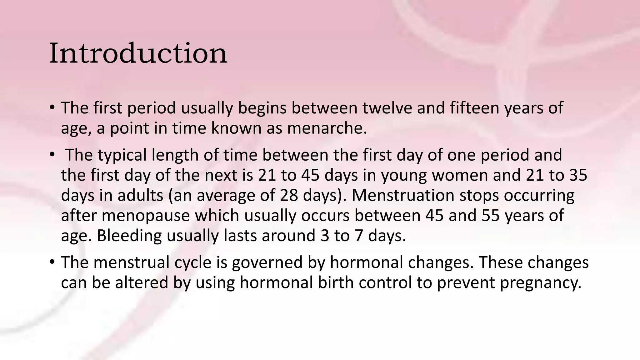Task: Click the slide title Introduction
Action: [138, 53]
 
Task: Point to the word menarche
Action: [327, 128]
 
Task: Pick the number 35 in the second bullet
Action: [578, 175]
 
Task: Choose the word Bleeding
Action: [129, 236]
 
